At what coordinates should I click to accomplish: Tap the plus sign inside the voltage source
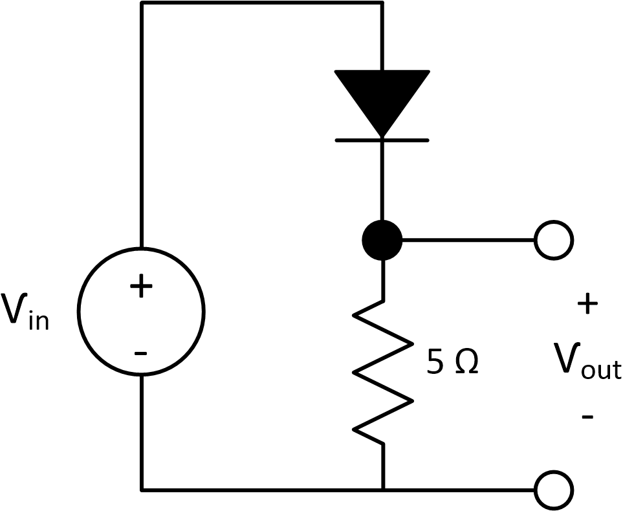pyautogui.click(x=141, y=286)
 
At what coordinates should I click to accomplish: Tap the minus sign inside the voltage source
pyautogui.click(x=140, y=353)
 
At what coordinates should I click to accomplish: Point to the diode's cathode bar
pyautogui.click(x=382, y=140)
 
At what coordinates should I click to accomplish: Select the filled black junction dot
pyautogui.click(x=382, y=240)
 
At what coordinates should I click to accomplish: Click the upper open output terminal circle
pyautogui.click(x=554, y=240)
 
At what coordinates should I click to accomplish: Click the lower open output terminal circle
pyautogui.click(x=554, y=490)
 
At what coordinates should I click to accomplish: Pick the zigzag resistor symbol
pyautogui.click(x=382, y=372)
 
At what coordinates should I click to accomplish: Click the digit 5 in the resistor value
pyautogui.click(x=435, y=363)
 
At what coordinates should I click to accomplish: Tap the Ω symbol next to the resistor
pyautogui.click(x=466, y=363)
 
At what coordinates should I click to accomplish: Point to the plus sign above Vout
pyautogui.click(x=587, y=304)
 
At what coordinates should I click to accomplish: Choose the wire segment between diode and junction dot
pyautogui.click(x=382, y=181)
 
